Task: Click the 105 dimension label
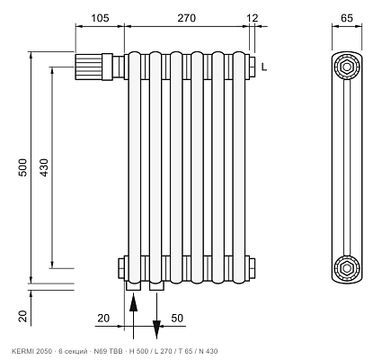(100, 18)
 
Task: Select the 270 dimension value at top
(186, 18)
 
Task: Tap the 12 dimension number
(253, 18)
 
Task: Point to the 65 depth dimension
(347, 18)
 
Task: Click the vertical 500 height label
(23, 167)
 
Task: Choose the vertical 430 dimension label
(44, 167)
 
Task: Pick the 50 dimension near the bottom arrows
(177, 318)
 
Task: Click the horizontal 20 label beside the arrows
(103, 318)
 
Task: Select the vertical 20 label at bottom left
(23, 316)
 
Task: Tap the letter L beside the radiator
(263, 67)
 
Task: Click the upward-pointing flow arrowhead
(134, 303)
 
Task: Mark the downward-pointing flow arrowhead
(156, 329)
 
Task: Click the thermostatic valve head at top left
(89, 67)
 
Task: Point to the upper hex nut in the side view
(347, 67)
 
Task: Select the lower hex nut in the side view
(347, 268)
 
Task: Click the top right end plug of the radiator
(252, 67)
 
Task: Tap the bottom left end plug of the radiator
(121, 268)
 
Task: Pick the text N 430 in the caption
(209, 351)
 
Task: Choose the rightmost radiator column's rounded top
(239, 54)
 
